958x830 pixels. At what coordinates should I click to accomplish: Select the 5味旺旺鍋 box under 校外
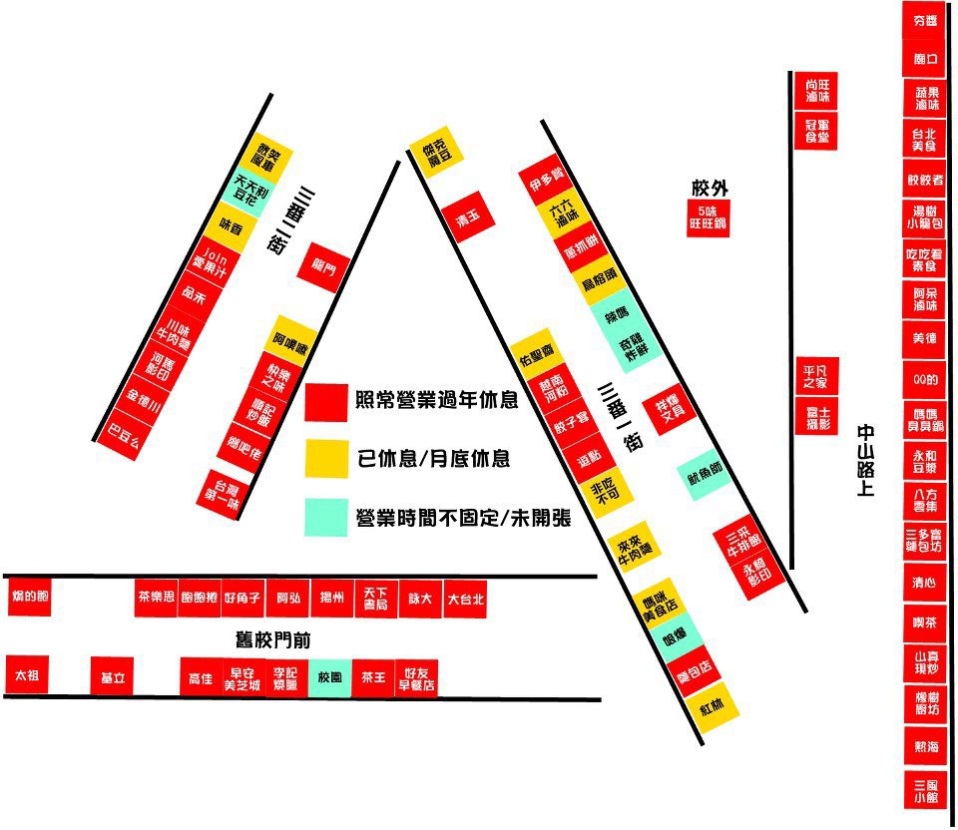coord(709,218)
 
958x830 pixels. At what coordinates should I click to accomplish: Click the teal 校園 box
coord(329,677)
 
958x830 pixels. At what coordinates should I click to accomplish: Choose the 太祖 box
coord(27,676)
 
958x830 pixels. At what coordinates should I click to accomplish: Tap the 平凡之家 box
coord(814,376)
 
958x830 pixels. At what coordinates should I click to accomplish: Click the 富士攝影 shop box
coord(814,418)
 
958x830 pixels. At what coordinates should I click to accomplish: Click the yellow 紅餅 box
coord(712,708)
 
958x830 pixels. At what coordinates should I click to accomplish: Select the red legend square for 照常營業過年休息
coord(326,401)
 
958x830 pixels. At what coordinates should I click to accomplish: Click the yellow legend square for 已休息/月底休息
coord(326,459)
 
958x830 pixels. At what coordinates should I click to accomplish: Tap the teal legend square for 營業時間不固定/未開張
coord(326,517)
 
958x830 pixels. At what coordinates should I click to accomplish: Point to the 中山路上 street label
coord(864,460)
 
